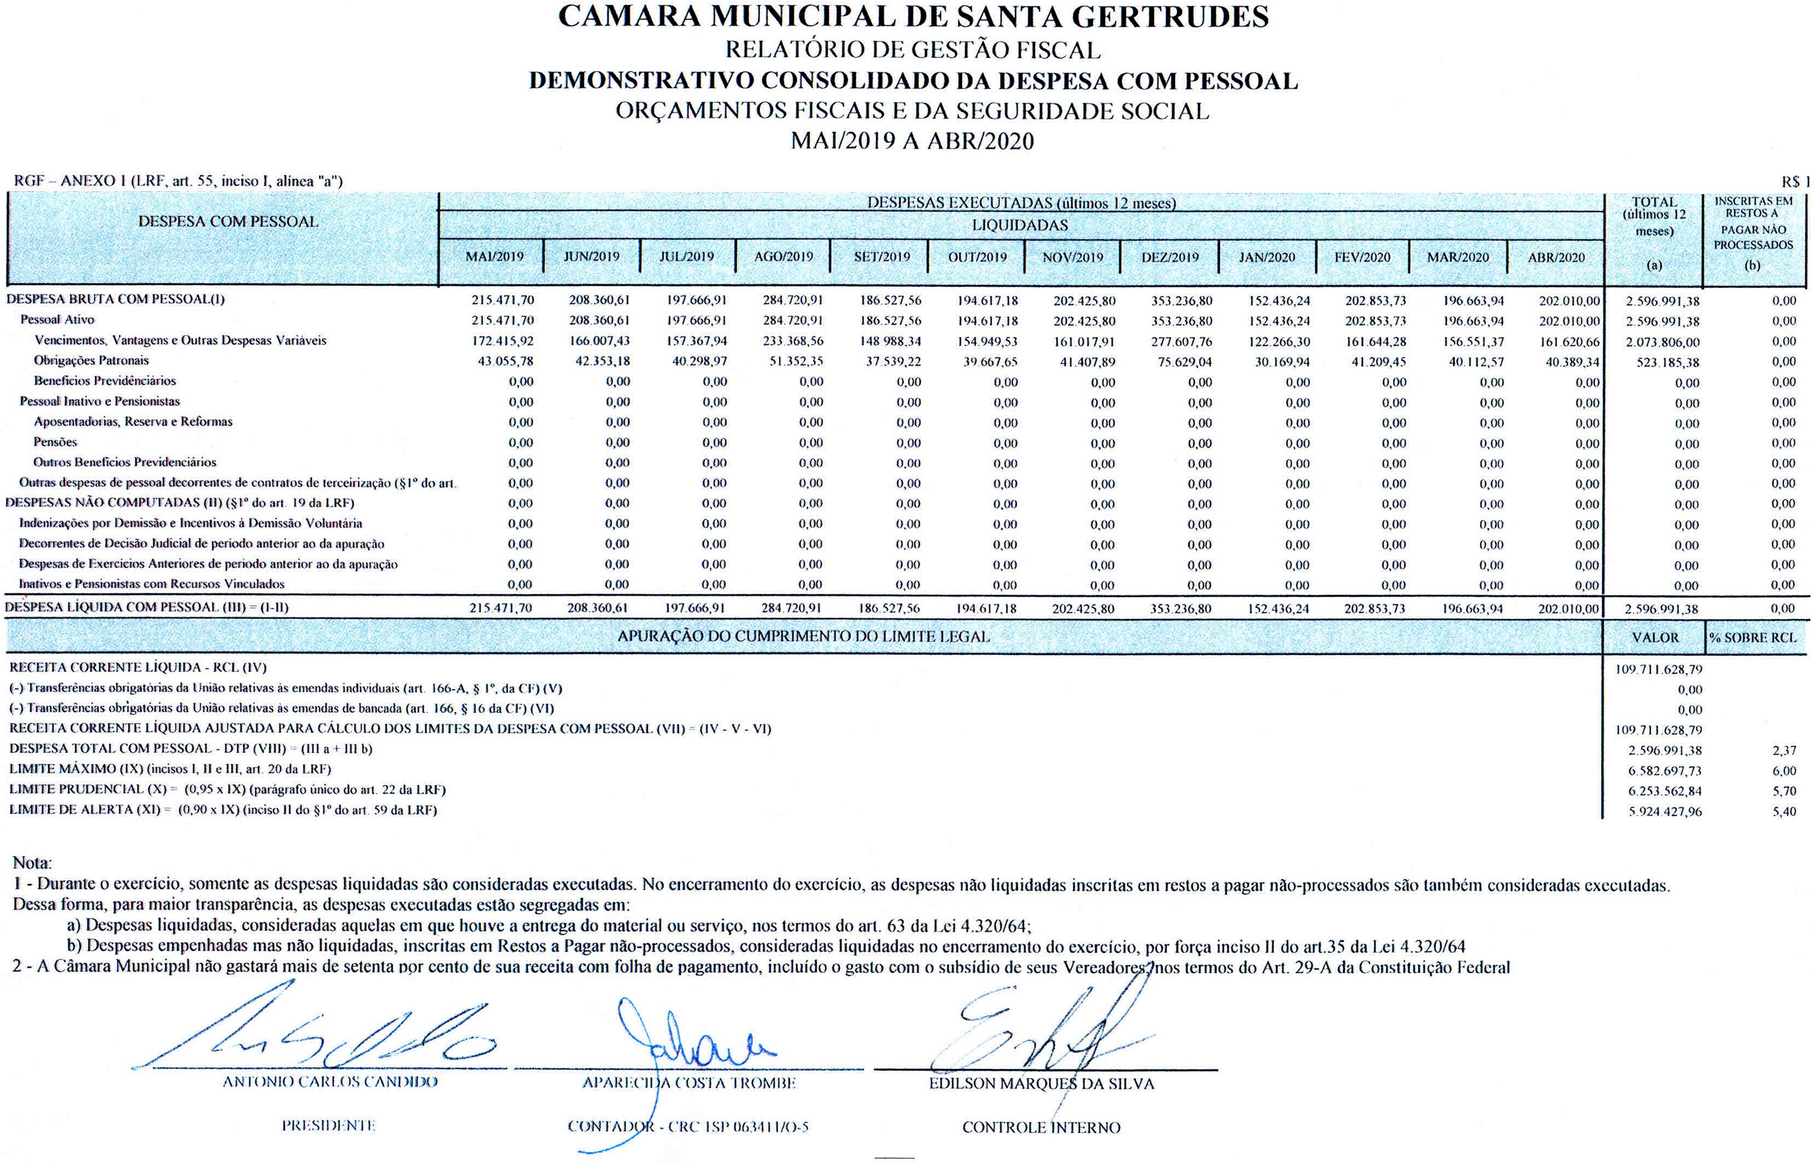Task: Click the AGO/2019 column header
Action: [783, 256]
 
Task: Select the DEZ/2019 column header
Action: [1170, 256]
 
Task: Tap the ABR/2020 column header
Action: [1556, 256]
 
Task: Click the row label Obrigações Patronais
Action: [92, 361]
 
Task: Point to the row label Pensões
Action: [55, 442]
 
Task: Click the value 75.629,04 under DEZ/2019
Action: [1184, 362]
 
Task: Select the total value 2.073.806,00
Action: [1663, 342]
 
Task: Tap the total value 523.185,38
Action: [1668, 362]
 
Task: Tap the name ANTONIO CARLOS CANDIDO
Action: [330, 1082]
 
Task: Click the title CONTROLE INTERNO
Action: [1041, 1128]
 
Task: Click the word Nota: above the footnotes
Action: [33, 862]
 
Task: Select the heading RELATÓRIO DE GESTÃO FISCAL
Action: [913, 50]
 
